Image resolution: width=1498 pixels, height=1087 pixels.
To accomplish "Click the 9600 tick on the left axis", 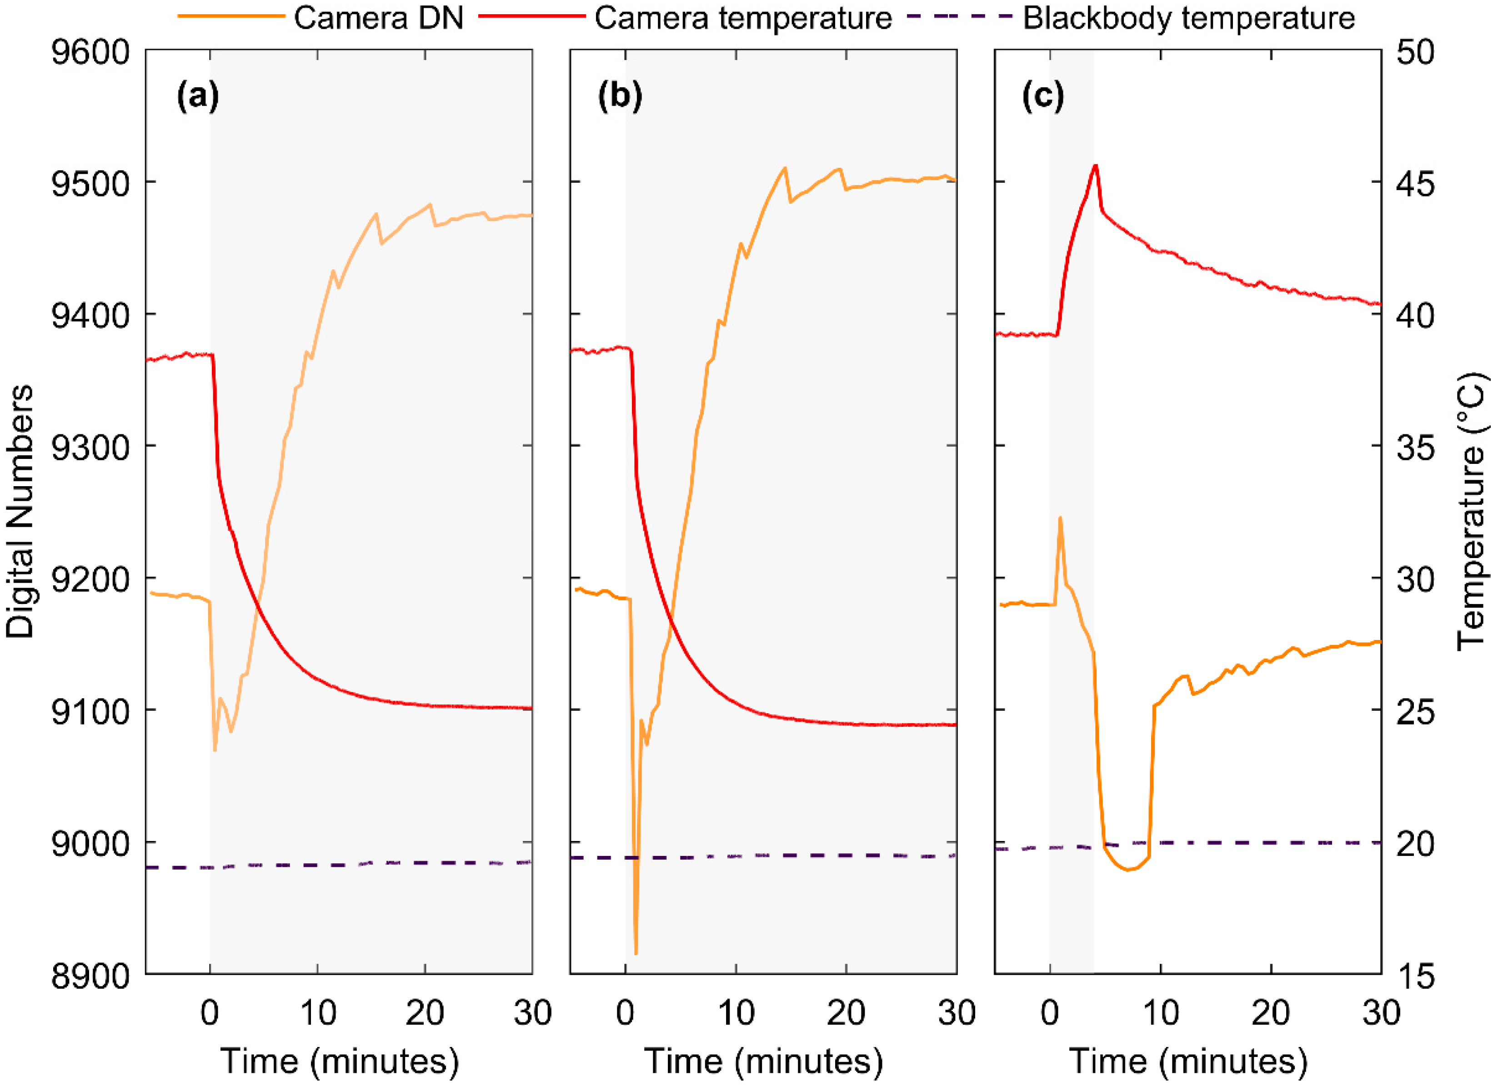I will [x=90, y=51].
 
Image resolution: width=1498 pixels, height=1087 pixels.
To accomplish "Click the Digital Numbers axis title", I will [x=20, y=512].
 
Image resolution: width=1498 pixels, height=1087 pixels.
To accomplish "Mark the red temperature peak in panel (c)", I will [x=1095, y=165].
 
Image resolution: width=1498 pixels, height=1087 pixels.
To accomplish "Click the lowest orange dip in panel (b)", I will [x=636, y=954].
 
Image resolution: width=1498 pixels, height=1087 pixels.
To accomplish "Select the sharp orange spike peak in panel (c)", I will [x=1060, y=518].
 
